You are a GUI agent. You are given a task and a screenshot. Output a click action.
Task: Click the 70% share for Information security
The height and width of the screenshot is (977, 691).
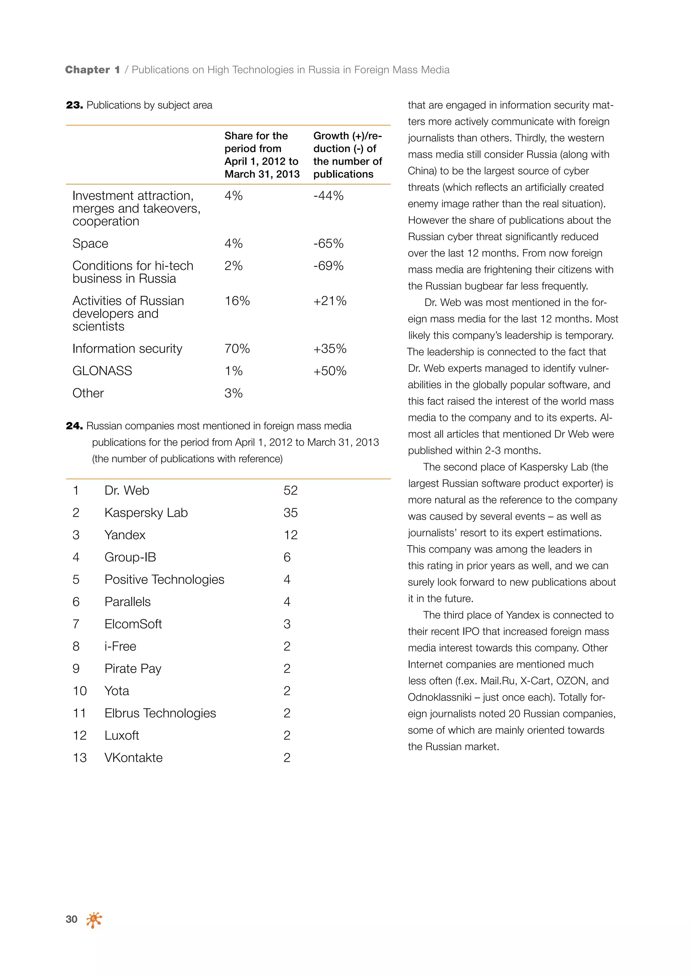coord(237,348)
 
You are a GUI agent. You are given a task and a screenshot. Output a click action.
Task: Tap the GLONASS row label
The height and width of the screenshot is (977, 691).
coord(102,371)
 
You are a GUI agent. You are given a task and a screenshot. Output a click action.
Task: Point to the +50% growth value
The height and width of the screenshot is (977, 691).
coord(330,371)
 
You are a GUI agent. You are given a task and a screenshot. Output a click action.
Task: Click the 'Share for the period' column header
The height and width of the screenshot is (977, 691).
coord(262,155)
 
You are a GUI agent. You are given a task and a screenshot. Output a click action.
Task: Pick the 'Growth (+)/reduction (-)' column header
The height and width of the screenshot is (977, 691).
coord(347,155)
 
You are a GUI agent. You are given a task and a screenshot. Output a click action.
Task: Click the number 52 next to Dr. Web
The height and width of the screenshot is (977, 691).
coord(291,490)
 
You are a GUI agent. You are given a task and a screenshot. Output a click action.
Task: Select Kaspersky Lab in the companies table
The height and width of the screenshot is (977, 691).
coord(146,513)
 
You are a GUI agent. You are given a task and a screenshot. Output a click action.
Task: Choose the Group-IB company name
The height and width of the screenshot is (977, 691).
coord(130,557)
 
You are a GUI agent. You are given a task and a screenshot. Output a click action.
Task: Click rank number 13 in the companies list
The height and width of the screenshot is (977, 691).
coord(80,757)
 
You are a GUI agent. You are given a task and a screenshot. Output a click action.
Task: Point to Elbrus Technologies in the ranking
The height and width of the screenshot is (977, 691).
coord(160,713)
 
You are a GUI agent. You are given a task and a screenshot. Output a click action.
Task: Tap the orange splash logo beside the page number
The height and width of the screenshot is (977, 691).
coord(94,920)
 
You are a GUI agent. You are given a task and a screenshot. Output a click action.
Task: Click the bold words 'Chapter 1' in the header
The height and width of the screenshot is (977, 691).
coord(92,70)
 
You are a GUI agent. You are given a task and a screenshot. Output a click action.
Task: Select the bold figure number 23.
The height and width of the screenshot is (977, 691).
coord(75,105)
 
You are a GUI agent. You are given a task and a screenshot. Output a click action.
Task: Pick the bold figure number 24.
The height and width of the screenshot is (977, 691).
coord(75,426)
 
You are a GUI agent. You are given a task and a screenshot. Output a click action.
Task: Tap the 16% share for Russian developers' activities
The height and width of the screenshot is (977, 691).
coord(237,301)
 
